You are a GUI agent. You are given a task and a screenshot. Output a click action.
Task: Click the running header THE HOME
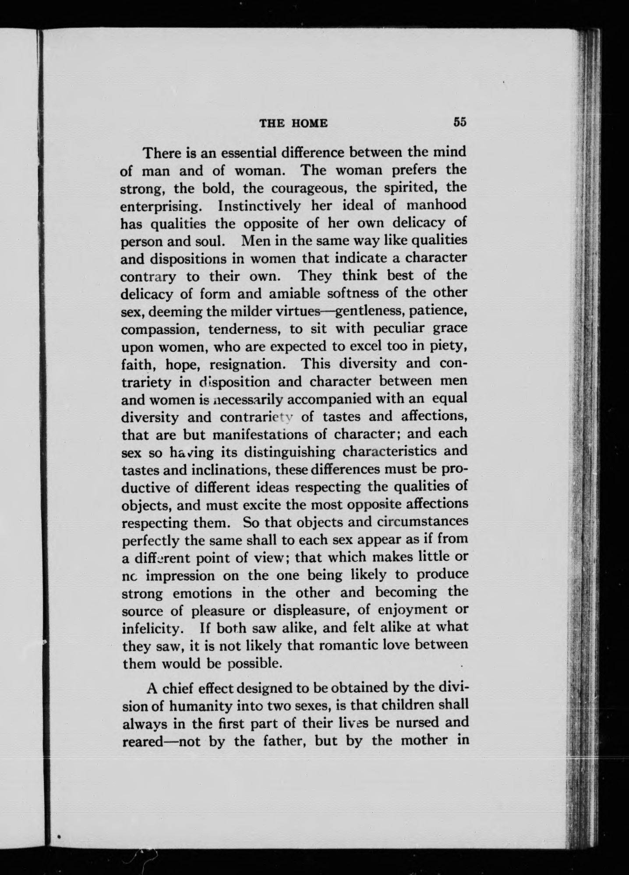(x=293, y=124)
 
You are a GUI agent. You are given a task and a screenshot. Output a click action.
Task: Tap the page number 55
(x=460, y=122)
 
